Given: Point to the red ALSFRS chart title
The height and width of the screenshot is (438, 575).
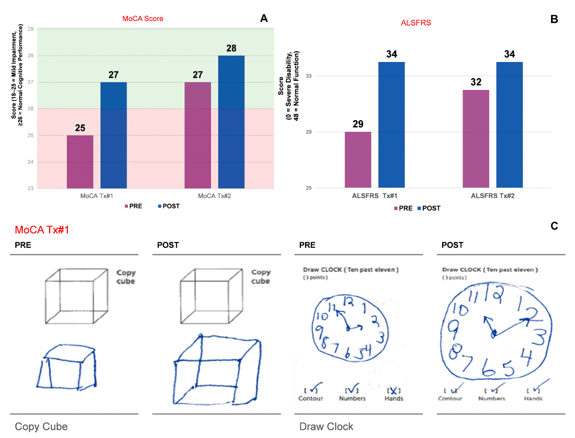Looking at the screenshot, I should tap(416, 23).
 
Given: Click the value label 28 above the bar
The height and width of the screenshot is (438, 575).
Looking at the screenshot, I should tap(231, 48).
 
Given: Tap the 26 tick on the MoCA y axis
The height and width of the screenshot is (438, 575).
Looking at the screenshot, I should tap(30, 108).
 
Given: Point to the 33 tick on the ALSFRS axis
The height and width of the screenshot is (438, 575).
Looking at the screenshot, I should tap(309, 76).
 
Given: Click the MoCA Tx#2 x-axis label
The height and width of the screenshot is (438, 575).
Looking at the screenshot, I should tap(214, 196).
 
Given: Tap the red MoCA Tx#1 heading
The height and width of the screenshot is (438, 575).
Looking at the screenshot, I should tap(42, 229).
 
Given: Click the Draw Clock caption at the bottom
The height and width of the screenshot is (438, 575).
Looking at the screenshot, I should tap(326, 426).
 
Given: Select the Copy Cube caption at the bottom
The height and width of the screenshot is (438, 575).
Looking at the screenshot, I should tap(41, 426).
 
